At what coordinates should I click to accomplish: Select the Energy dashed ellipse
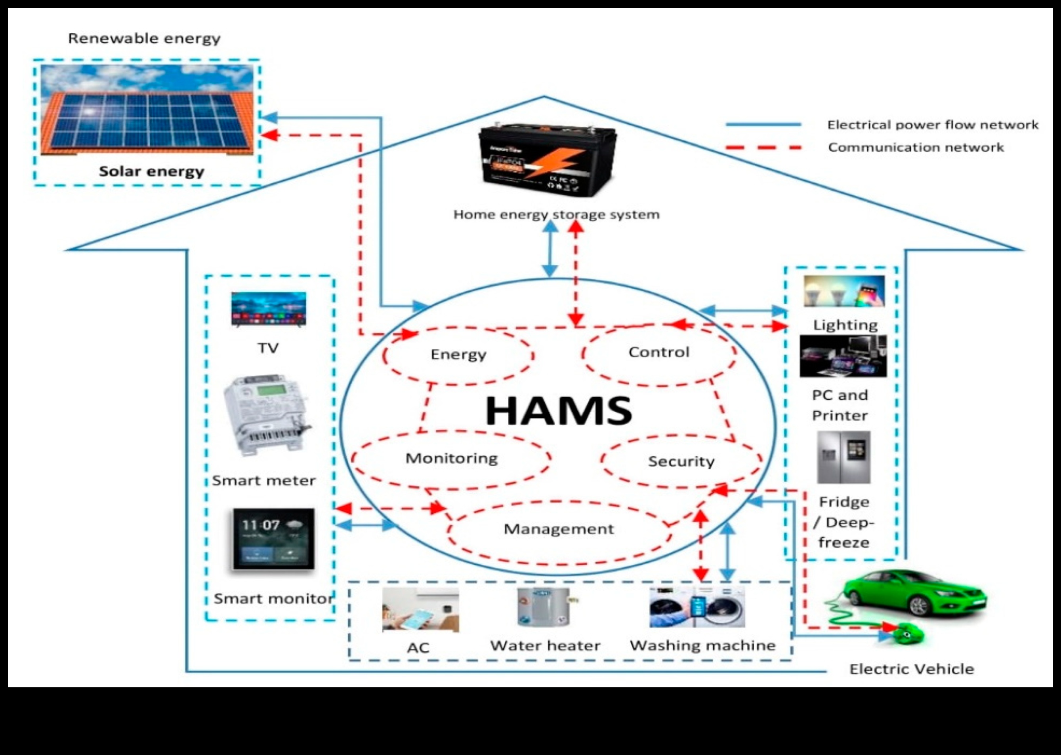(458, 355)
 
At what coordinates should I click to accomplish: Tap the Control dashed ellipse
(659, 353)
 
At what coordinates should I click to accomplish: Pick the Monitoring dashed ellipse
(451, 459)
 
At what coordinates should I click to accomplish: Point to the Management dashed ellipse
(558, 529)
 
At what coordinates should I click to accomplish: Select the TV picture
(269, 309)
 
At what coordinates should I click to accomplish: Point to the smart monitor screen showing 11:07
(273, 539)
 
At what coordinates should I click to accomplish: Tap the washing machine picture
(697, 607)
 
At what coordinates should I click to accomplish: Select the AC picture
(420, 609)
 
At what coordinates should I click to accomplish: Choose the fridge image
(843, 457)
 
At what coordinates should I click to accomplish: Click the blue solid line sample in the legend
(763, 125)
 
